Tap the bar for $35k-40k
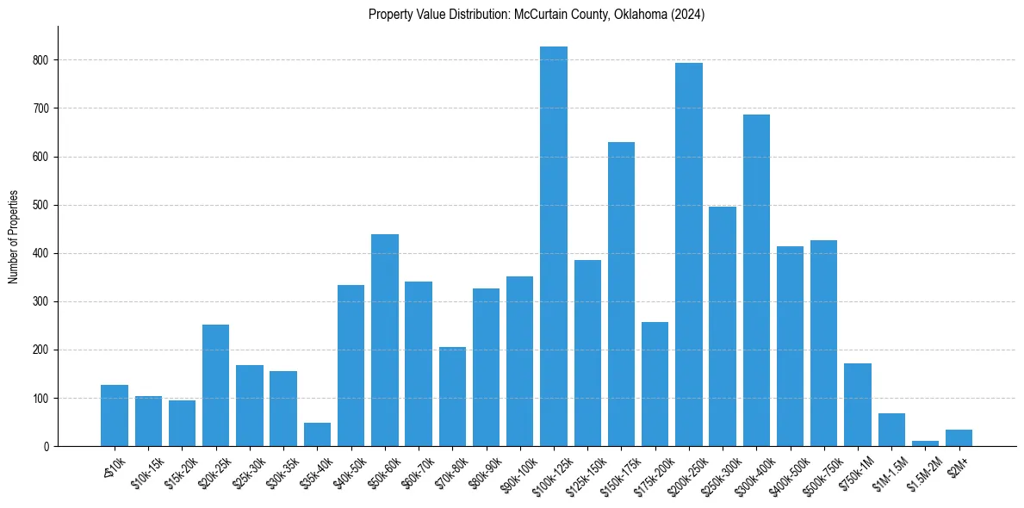(317, 435)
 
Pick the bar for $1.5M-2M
(925, 443)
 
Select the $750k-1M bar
(858, 405)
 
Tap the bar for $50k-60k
(385, 340)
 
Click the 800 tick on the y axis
(43, 60)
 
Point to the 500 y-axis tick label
(43, 205)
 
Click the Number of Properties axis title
(13, 236)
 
